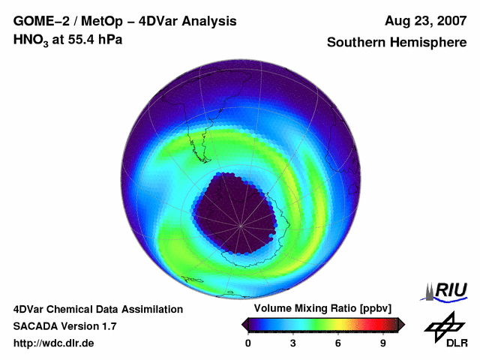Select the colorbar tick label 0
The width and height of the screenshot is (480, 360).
click(x=248, y=343)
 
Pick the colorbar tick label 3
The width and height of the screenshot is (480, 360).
click(x=293, y=343)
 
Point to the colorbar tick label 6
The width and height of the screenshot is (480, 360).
click(x=338, y=343)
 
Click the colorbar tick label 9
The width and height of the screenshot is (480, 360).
click(x=383, y=343)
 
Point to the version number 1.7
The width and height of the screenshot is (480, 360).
click(x=108, y=326)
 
